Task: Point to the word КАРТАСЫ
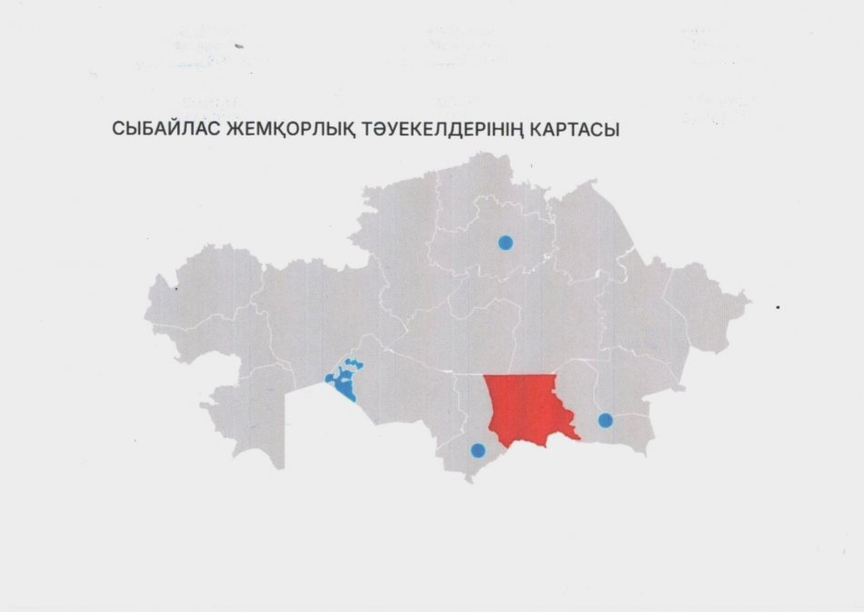click(573, 130)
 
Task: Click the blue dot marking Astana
click(505, 242)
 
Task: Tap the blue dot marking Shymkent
click(477, 449)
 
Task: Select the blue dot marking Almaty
click(605, 419)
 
